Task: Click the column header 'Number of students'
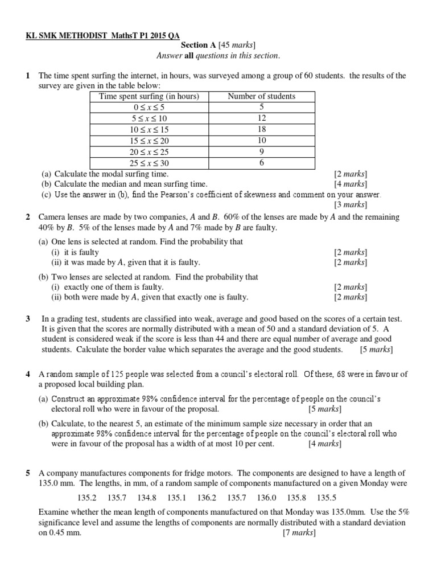click(261, 96)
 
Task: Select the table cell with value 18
click(261, 129)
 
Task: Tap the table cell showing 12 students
click(261, 118)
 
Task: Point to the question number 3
click(27, 319)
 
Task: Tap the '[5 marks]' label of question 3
click(376, 350)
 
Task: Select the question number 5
click(27, 473)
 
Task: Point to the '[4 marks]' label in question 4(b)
click(325, 444)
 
